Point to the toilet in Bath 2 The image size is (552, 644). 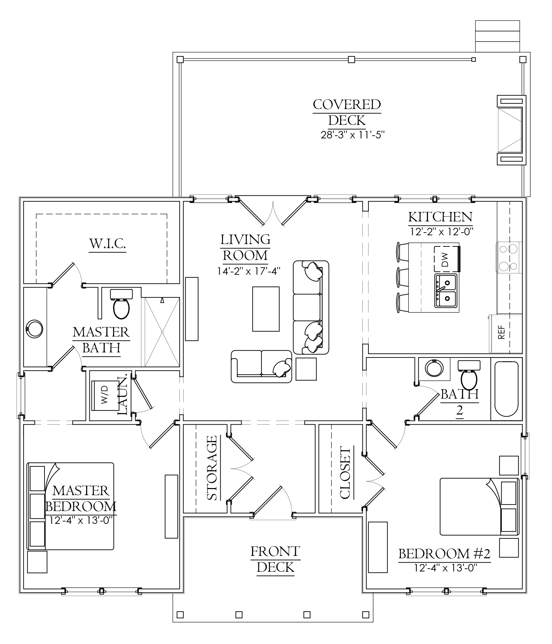pos(469,375)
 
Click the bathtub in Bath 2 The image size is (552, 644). pos(506,389)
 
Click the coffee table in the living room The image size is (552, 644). pos(266,309)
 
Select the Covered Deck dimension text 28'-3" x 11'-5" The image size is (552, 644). pos(353,135)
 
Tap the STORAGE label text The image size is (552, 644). pos(212,468)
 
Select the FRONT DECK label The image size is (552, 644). pos(275,559)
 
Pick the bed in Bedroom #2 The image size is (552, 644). pos(479,506)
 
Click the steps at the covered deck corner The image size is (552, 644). pos(498,36)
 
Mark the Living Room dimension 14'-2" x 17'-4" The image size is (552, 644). pos(249,271)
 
